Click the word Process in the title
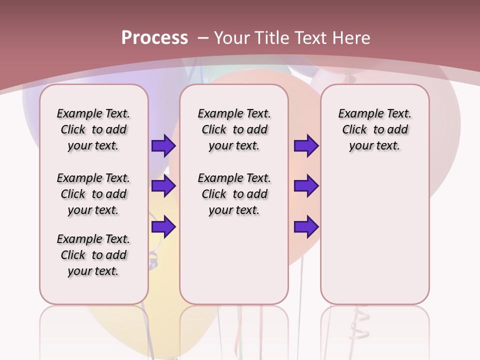click(x=154, y=37)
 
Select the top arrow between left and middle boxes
click(x=163, y=146)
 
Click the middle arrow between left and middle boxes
click(x=163, y=186)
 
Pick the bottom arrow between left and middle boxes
click(x=163, y=227)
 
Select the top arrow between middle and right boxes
click(x=306, y=146)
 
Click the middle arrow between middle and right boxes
click(x=306, y=186)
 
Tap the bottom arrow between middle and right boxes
click(x=306, y=227)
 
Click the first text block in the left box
click(x=93, y=129)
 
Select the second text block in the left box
click(x=93, y=194)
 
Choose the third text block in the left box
click(x=93, y=255)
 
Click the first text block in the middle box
click(x=234, y=129)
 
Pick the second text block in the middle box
click(x=234, y=194)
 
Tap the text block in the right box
click(x=374, y=129)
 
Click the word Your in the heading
click(x=233, y=38)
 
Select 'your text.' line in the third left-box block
click(x=93, y=271)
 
